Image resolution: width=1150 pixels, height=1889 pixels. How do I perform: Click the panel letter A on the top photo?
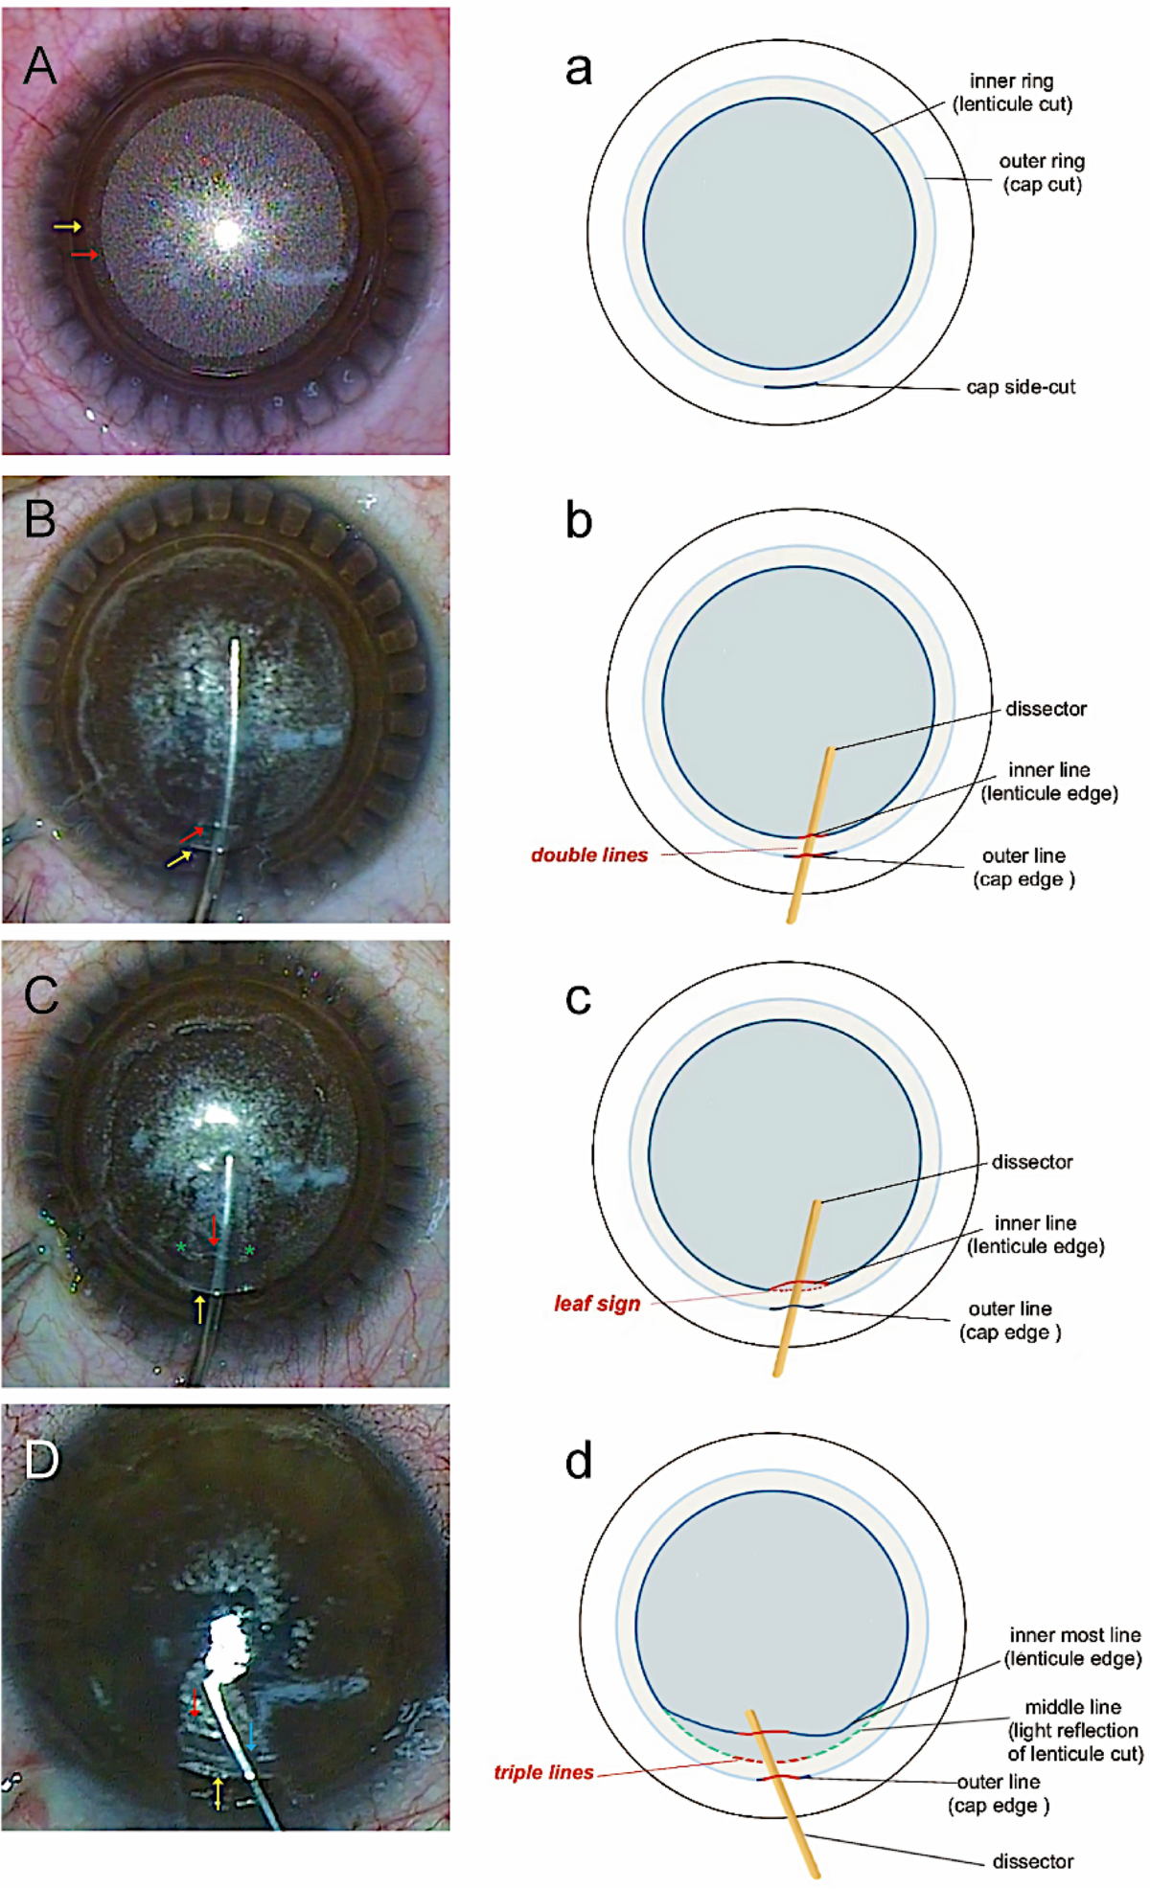pyautogui.click(x=40, y=65)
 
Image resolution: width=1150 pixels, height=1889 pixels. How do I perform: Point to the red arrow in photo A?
pyautogui.click(x=85, y=254)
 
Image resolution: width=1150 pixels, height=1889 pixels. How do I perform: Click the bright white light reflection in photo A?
pyautogui.click(x=227, y=233)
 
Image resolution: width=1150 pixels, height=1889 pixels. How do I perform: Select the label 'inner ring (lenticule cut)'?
pyautogui.click(x=1012, y=93)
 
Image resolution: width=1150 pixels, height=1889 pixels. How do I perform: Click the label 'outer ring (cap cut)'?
pyautogui.click(x=1042, y=173)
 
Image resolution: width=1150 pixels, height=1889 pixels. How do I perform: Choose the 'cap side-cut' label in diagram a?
pyautogui.click(x=1021, y=387)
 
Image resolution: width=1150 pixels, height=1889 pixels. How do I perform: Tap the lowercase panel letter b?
pyautogui.click(x=579, y=521)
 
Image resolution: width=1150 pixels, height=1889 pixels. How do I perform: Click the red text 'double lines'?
pyautogui.click(x=589, y=855)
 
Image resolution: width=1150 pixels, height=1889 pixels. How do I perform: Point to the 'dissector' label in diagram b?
pyautogui.click(x=1046, y=709)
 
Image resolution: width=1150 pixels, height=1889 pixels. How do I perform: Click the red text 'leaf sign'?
pyautogui.click(x=597, y=1304)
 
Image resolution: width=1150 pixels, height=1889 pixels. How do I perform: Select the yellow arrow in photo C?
pyautogui.click(x=200, y=1309)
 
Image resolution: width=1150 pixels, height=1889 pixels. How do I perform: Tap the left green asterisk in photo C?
pyautogui.click(x=180, y=1247)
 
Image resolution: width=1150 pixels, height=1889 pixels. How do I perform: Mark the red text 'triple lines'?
pyautogui.click(x=543, y=1772)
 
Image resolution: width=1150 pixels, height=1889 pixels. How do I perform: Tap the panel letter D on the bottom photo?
pyautogui.click(x=41, y=1460)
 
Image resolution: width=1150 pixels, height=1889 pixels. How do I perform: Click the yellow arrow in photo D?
pyautogui.click(x=218, y=1792)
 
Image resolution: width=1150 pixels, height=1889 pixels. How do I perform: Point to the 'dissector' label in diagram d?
pyautogui.click(x=1032, y=1861)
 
